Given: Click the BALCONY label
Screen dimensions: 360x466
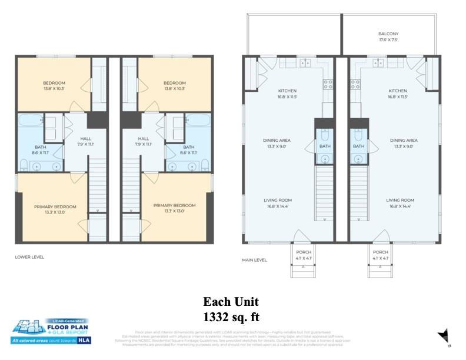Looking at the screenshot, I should pyautogui.click(x=388, y=34).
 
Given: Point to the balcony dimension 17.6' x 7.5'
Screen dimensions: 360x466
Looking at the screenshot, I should pyautogui.click(x=388, y=40).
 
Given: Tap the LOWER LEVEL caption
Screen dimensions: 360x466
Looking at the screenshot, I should pyautogui.click(x=29, y=256).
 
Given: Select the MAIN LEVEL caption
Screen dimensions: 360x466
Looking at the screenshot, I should pyautogui.click(x=254, y=259).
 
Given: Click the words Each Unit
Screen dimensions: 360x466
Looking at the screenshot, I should pyautogui.click(x=231, y=302).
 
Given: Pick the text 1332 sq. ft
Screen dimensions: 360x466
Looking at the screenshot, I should pyautogui.click(x=231, y=317).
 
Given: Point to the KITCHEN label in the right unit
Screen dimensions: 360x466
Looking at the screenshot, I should pyautogui.click(x=397, y=91).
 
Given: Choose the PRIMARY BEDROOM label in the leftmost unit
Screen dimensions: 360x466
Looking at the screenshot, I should pyautogui.click(x=55, y=206).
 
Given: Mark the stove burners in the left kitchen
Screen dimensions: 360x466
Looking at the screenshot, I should pyautogui.click(x=328, y=84).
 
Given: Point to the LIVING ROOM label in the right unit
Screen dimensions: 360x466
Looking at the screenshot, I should pyautogui.click(x=400, y=201).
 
